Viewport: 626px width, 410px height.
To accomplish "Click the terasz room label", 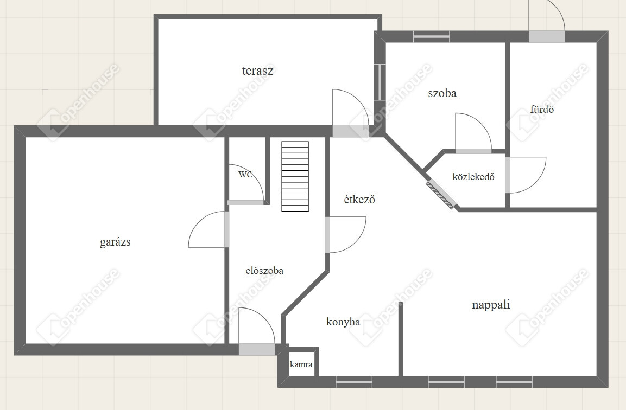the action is [x=257, y=71].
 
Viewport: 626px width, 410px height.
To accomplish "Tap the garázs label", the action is [x=115, y=242].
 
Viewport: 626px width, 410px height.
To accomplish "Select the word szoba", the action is [x=442, y=93].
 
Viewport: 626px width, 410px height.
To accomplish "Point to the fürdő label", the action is [x=542, y=109].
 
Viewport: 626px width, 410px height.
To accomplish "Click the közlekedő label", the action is [x=473, y=176].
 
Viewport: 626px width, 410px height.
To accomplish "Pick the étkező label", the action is [x=359, y=198].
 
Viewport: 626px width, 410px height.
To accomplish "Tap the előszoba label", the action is [x=264, y=271].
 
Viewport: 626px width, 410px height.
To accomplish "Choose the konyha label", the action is [x=343, y=322].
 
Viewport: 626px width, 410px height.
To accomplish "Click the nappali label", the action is [x=491, y=305].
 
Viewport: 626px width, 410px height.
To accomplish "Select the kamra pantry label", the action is [x=301, y=364].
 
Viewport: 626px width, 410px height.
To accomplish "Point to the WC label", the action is [x=245, y=174].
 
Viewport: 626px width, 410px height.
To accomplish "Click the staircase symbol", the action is [x=295, y=176].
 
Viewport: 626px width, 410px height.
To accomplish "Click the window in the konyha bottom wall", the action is [x=354, y=382].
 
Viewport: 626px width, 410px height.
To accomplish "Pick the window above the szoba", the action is [x=431, y=37].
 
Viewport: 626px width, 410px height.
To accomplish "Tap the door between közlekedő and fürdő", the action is [x=526, y=175].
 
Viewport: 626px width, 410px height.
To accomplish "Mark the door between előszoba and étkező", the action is [x=346, y=234].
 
